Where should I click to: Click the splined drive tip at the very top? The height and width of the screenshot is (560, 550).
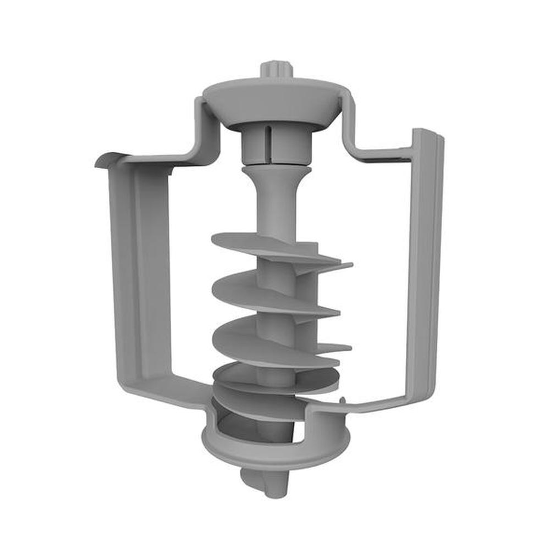click(x=277, y=70)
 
